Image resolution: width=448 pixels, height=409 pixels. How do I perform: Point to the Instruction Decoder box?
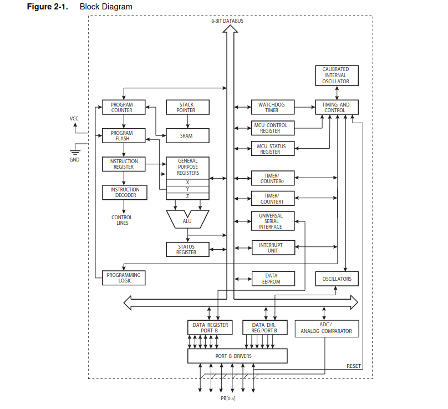tap(125, 193)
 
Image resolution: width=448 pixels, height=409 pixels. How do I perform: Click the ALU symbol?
tap(187, 220)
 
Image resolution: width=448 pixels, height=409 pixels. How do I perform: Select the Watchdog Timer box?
tap(272, 107)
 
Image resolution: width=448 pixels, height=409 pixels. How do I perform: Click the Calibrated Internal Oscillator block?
tap(336, 75)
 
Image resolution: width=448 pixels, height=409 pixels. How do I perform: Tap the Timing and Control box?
tap(336, 107)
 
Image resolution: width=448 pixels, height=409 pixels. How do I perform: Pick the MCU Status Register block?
tap(272, 149)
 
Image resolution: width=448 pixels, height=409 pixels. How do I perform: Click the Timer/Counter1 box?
tap(272, 199)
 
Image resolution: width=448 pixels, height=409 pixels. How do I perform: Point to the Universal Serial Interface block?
tap(272, 221)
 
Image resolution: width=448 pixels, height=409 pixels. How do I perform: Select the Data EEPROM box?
tap(272, 279)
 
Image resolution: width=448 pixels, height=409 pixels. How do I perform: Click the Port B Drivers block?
tap(237, 356)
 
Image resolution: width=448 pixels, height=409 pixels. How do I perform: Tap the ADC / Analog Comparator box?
tap(326, 328)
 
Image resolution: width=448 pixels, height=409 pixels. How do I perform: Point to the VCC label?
tap(74, 118)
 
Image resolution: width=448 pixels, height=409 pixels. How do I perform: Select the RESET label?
tap(354, 366)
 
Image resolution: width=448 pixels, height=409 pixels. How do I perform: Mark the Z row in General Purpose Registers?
tap(187, 196)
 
